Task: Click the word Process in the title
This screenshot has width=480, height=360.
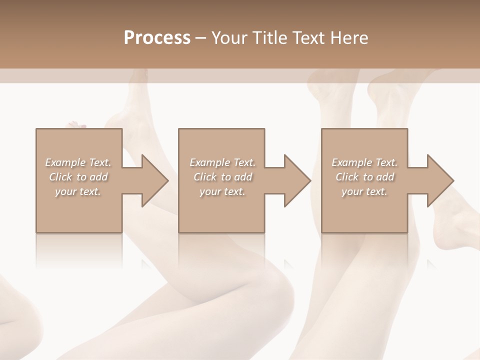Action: pyautogui.click(x=157, y=38)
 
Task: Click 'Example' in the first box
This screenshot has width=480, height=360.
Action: pyautogui.click(x=65, y=162)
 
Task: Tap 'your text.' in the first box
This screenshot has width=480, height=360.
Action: pyautogui.click(x=78, y=191)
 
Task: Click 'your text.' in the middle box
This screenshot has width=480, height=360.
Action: pyautogui.click(x=222, y=191)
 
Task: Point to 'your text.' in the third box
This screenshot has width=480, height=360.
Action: pyautogui.click(x=364, y=191)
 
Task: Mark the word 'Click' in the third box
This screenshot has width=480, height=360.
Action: pyautogui.click(x=347, y=177)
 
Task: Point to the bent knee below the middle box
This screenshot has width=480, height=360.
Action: pyautogui.click(x=272, y=280)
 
